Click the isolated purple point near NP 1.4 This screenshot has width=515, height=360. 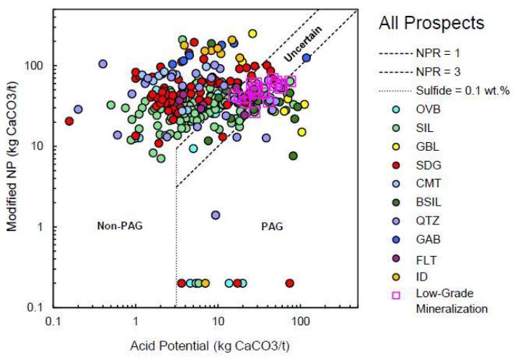coord(215,215)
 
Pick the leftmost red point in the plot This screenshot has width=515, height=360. coord(69,121)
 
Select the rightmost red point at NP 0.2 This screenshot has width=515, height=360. coord(289,284)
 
